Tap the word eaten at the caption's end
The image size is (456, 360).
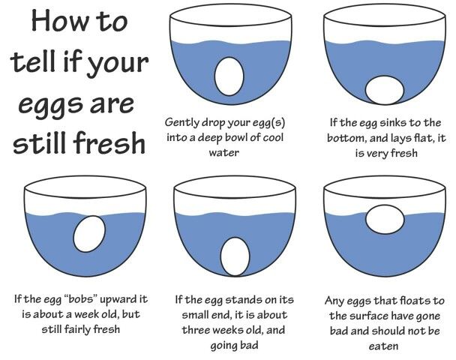pos(384,346)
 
